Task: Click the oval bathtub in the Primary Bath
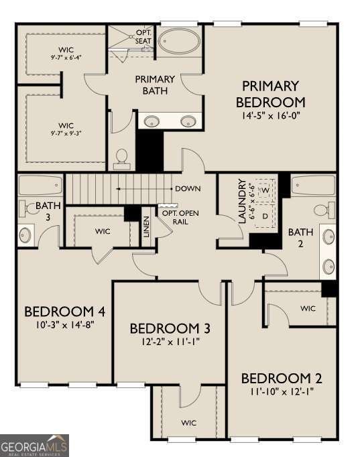[179, 41]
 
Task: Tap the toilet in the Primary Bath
[121, 159]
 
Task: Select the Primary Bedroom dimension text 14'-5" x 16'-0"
[271, 116]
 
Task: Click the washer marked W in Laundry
[265, 190]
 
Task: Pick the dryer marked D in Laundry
[265, 216]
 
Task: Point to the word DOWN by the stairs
[188, 188]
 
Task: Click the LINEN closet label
[147, 226]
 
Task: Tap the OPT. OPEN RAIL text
[180, 217]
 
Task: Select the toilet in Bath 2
[325, 210]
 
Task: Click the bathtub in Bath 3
[40, 185]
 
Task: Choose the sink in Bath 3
[25, 235]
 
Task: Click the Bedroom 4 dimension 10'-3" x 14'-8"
[65, 325]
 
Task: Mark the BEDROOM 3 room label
[170, 328]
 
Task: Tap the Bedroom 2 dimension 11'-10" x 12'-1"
[282, 391]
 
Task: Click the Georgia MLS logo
[34, 446]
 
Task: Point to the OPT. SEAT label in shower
[143, 37]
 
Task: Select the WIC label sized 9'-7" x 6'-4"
[66, 53]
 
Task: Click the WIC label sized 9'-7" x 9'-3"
[66, 129]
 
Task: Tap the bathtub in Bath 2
[313, 185]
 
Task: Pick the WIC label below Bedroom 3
[188, 423]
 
